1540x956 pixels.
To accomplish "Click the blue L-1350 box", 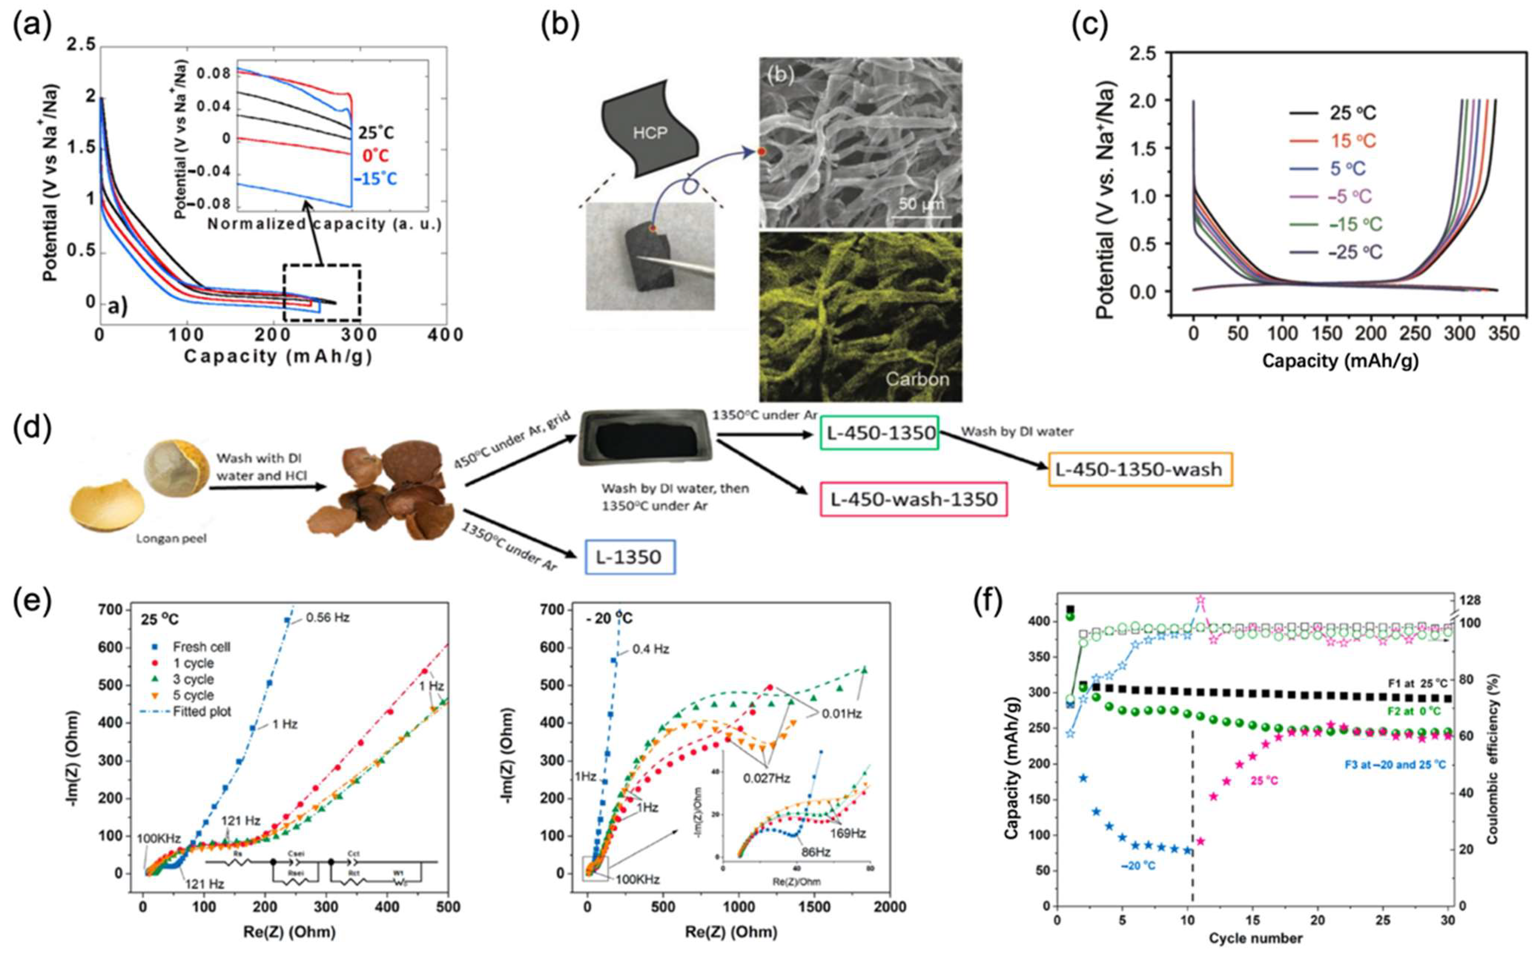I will [630, 557].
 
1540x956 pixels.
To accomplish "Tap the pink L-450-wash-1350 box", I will [914, 499].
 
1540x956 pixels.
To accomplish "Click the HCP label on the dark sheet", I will [649, 134].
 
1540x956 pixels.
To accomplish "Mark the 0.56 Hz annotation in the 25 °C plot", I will [328, 618].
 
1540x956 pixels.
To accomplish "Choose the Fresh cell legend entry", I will [201, 647].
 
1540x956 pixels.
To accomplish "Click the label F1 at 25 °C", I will [1417, 684].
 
